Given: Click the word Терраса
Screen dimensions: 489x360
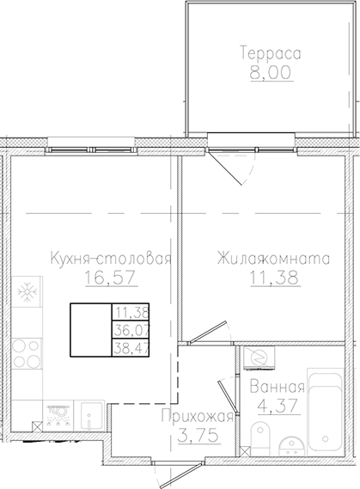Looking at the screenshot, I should pyautogui.click(x=269, y=53).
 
